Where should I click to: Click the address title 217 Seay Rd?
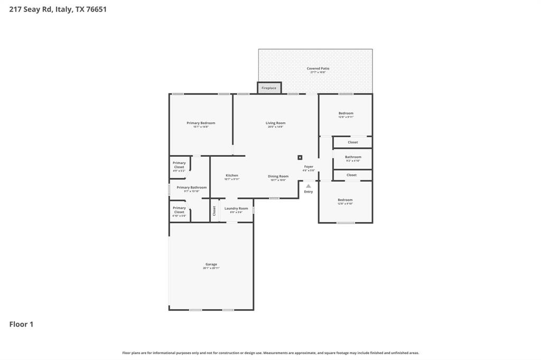(58, 9)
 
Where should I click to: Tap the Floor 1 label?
(21, 324)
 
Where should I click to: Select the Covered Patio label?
(318, 69)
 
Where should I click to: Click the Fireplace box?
(269, 88)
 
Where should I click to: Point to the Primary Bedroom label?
(201, 123)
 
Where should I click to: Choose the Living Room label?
(275, 123)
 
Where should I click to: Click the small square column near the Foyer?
(300, 157)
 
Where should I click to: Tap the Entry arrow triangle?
(309, 186)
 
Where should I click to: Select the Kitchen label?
(232, 175)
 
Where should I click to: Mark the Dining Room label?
(278, 176)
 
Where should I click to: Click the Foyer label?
(309, 167)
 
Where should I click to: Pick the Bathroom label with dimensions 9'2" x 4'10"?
(353, 157)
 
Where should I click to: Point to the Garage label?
(211, 264)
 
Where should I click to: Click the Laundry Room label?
(236, 209)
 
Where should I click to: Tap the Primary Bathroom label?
(191, 187)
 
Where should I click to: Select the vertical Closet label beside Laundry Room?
(214, 211)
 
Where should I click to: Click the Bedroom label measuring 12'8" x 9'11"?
(346, 113)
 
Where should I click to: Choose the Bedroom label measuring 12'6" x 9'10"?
(345, 200)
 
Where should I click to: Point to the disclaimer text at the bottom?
(270, 353)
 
